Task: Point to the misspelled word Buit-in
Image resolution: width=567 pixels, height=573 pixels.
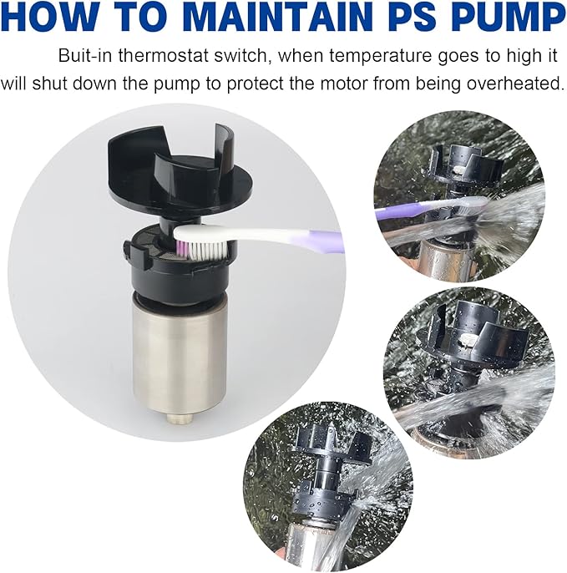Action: tap(85, 57)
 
